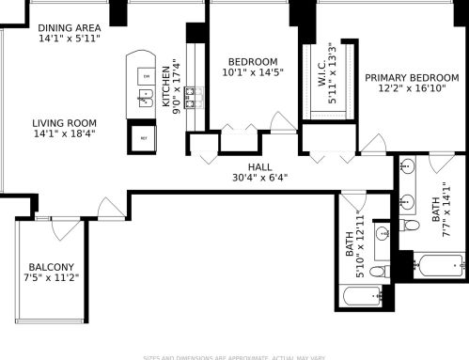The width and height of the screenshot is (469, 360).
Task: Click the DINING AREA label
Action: [70, 28]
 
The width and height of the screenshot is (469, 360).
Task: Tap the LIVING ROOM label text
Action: [64, 122]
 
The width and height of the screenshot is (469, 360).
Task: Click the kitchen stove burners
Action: [194, 94]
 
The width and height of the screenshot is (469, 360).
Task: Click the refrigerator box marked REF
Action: [144, 137]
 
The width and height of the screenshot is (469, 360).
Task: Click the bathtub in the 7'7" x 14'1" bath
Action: [439, 267]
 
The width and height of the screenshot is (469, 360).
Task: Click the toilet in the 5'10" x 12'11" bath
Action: [377, 272]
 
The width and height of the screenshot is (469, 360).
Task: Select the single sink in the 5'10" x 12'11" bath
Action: [383, 232]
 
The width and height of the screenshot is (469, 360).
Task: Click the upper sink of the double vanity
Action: [406, 167]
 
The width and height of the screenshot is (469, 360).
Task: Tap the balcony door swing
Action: [64, 227]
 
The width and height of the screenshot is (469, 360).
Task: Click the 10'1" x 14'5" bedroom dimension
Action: [252, 71]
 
